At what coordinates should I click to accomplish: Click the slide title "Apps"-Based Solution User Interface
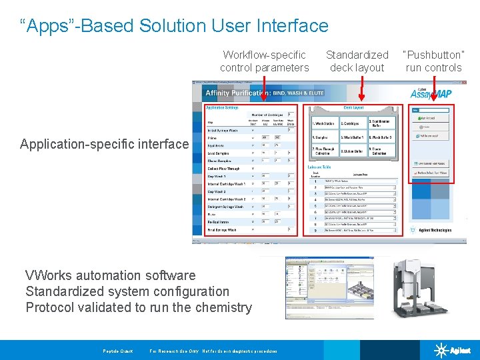click(x=175, y=26)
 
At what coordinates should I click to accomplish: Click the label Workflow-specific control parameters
click(x=265, y=61)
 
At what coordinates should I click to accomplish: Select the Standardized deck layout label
click(x=357, y=61)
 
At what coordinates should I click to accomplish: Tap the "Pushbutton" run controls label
click(x=433, y=61)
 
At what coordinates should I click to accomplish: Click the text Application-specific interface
click(x=105, y=144)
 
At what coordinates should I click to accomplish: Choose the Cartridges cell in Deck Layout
click(x=352, y=123)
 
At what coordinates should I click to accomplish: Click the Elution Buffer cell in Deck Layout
click(x=352, y=151)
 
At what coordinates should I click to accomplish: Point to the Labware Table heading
click(x=319, y=167)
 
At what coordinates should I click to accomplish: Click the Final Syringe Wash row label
click(x=221, y=229)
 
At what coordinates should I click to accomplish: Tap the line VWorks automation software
click(x=111, y=275)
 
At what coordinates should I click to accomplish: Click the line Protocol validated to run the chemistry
click(x=139, y=307)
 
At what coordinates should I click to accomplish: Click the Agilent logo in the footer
click(x=453, y=350)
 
